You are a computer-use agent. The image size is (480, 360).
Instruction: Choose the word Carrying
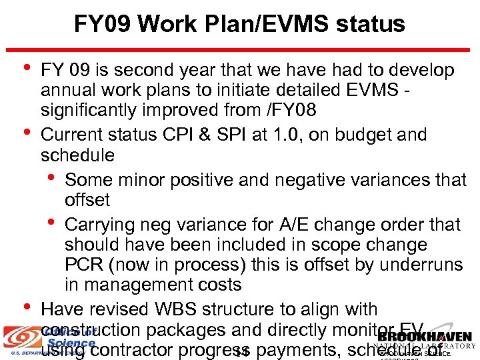[105, 225]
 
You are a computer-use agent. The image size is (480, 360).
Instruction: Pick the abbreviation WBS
[207, 310]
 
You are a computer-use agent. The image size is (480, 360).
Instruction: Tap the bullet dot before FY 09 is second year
[26, 68]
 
